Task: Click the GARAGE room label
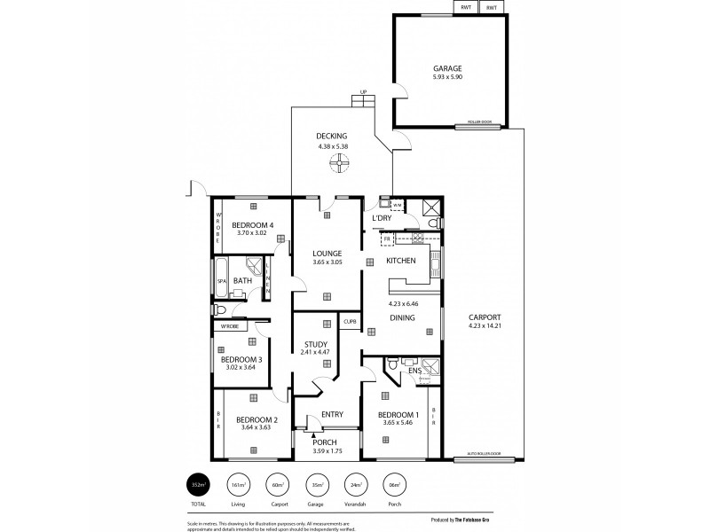[x=447, y=68]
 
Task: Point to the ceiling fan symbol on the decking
[x=338, y=162]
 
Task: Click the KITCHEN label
[x=401, y=261]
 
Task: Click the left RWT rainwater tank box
[x=466, y=8]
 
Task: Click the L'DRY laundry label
[x=382, y=217]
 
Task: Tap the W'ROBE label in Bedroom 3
[x=229, y=327]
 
